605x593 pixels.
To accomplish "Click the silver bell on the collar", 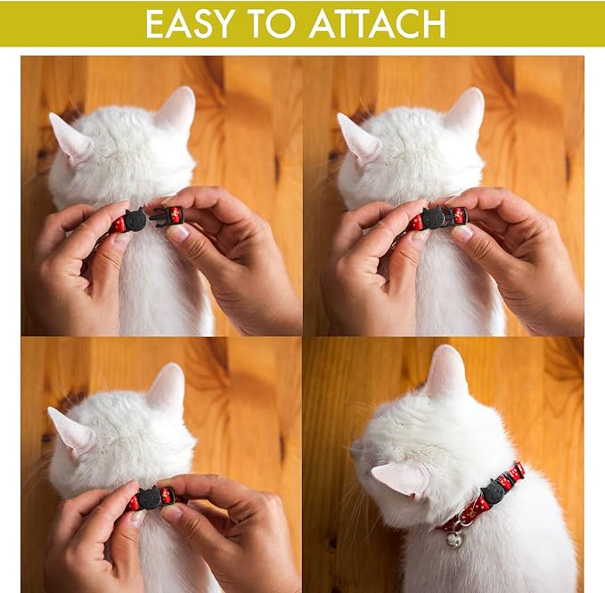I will [454, 539].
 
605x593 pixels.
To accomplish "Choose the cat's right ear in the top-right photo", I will [465, 111].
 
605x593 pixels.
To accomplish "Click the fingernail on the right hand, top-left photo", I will [178, 233].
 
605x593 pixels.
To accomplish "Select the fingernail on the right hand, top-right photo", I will [462, 233].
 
